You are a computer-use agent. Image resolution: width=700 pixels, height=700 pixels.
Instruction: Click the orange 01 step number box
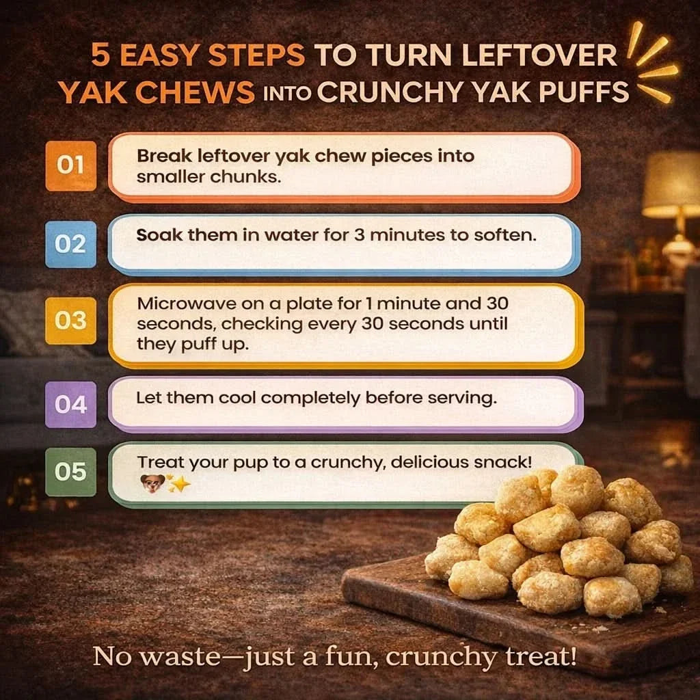(70, 165)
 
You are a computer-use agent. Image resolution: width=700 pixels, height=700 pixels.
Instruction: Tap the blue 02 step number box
(70, 244)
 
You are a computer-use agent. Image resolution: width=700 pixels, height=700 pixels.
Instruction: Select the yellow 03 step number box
(70, 321)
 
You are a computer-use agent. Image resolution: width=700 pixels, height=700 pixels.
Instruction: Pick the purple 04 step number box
(70, 405)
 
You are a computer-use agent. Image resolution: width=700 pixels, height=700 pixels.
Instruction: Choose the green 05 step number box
(70, 472)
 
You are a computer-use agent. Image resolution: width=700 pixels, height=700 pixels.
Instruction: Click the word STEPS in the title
(257, 55)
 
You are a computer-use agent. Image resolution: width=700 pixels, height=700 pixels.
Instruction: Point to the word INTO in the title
(287, 93)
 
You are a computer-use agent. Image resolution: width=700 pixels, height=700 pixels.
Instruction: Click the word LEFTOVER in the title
(539, 55)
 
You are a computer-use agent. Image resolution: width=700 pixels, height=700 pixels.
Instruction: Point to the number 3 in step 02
(360, 235)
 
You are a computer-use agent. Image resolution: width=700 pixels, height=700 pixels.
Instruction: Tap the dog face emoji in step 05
(152, 483)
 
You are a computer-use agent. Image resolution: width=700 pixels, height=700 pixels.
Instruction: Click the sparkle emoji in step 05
(178, 483)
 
